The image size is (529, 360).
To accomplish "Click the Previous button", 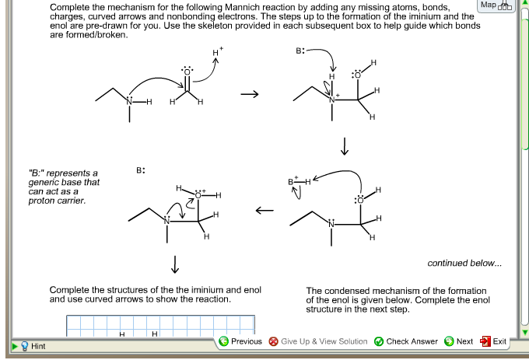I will click(x=240, y=341).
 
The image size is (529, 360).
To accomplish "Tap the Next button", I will click(x=459, y=341).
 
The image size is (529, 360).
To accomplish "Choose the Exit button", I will click(x=494, y=341).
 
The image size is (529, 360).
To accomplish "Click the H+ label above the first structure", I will click(x=218, y=52).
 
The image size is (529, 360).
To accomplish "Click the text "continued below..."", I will click(x=464, y=264).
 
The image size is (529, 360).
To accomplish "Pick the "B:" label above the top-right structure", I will click(x=301, y=51).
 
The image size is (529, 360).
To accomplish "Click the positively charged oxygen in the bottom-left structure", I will click(x=198, y=194).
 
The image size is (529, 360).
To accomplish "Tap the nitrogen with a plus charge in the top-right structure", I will click(x=332, y=100).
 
